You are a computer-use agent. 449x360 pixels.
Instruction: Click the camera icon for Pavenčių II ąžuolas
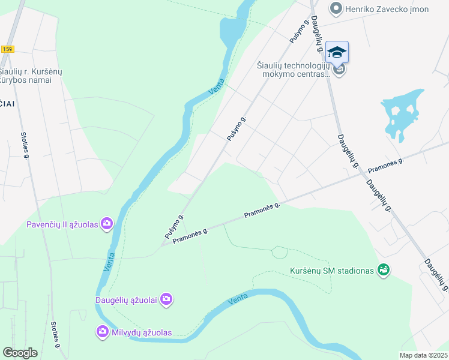click(x=107, y=224)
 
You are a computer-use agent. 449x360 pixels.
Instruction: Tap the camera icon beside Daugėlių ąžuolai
click(x=166, y=299)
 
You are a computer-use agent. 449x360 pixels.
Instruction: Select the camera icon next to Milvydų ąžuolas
click(x=103, y=331)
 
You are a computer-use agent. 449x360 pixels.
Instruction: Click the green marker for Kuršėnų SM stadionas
click(x=383, y=271)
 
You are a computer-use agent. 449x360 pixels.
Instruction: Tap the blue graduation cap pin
click(x=337, y=52)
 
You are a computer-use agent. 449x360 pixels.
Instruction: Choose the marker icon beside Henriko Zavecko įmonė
click(x=336, y=8)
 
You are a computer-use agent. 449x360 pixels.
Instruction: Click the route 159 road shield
click(x=7, y=49)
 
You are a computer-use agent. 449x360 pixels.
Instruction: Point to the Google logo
click(x=20, y=353)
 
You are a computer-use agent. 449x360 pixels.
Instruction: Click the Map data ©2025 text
click(x=423, y=355)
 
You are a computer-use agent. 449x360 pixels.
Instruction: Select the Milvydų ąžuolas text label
click(x=140, y=332)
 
